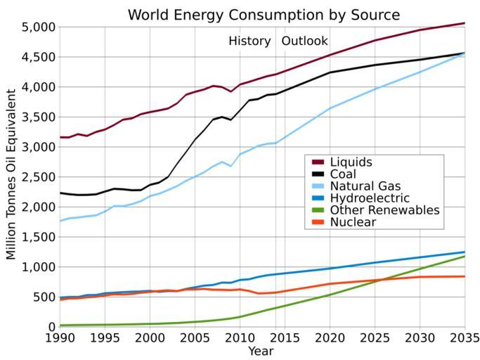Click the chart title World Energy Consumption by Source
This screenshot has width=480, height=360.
coord(264,15)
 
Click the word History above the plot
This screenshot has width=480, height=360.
coord(249,41)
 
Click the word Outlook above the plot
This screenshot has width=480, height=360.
coord(304,41)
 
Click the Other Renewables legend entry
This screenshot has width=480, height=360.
coord(384,210)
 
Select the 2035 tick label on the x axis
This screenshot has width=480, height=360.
coord(464,338)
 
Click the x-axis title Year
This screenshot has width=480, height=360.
coord(261,351)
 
